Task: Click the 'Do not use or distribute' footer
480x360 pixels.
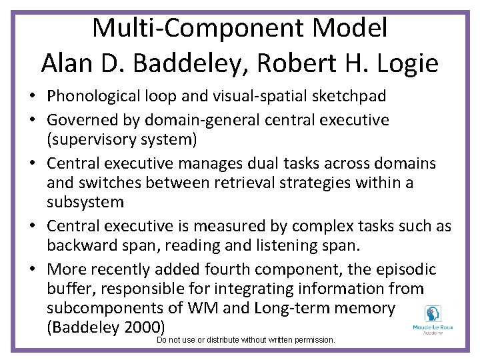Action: click(x=245, y=340)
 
